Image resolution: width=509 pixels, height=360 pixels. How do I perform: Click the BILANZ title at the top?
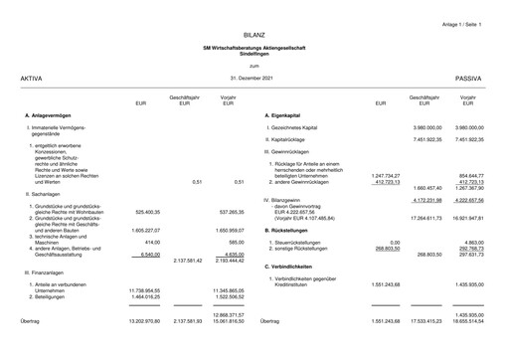point(254,35)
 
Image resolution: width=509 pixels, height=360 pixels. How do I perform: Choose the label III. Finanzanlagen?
point(46,270)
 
